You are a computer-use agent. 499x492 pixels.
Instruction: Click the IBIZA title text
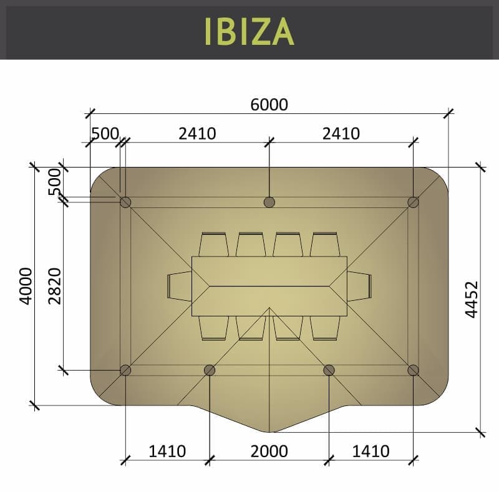click(x=249, y=31)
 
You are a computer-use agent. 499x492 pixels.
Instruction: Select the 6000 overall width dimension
click(x=269, y=105)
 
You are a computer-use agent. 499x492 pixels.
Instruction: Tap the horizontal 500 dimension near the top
click(x=105, y=134)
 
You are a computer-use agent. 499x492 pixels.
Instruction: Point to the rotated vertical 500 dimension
click(x=55, y=181)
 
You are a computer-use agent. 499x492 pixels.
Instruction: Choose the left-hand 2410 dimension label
click(x=197, y=133)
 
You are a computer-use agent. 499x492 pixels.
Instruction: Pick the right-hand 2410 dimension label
click(x=341, y=133)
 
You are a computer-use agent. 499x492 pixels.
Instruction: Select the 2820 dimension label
click(x=55, y=286)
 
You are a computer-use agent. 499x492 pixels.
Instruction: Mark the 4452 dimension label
click(x=472, y=299)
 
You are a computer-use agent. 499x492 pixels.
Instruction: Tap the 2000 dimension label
click(x=269, y=451)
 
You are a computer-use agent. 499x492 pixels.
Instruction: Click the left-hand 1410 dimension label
click(x=167, y=451)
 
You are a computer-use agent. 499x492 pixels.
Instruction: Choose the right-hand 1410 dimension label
click(x=371, y=451)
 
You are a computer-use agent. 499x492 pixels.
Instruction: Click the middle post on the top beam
click(x=269, y=202)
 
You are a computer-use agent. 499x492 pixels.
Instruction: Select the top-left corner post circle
click(x=125, y=202)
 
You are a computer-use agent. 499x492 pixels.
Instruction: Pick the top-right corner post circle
click(x=413, y=202)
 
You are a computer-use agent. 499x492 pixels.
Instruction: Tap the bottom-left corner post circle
click(x=125, y=370)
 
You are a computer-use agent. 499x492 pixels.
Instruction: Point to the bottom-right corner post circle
click(x=413, y=370)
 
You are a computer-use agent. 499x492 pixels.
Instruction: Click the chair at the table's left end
click(x=180, y=286)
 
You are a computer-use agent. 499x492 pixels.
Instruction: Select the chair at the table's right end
click(x=359, y=286)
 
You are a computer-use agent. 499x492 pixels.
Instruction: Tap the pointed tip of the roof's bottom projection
click(x=269, y=432)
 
